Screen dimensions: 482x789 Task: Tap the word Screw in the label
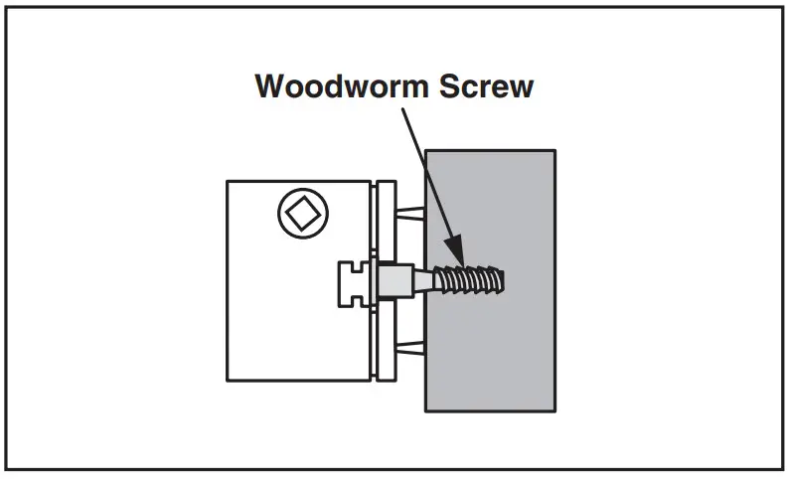point(485,85)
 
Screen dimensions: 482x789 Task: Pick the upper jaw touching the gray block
point(411,215)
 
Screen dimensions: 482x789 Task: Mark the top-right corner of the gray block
point(554,151)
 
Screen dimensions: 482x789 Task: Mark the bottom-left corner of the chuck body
point(228,380)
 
